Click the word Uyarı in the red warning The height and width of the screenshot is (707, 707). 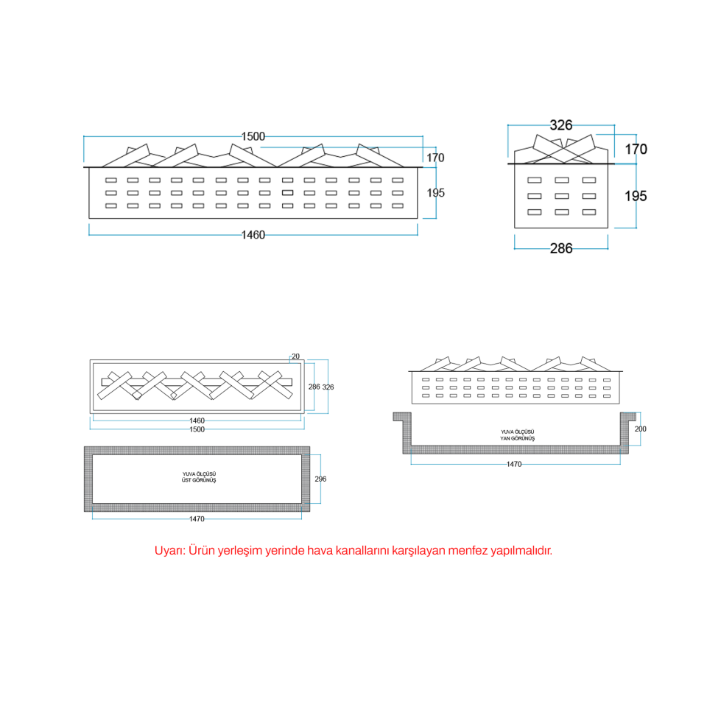point(169,551)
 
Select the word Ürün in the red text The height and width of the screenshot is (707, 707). point(201,551)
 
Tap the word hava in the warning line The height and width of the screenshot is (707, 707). point(320,551)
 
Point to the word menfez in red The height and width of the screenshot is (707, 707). point(468,551)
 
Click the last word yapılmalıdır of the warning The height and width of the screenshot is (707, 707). point(521,551)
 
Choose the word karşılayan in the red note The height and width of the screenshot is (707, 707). point(418,551)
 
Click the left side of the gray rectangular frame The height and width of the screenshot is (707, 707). point(88,479)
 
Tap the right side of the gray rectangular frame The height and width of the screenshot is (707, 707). point(306,479)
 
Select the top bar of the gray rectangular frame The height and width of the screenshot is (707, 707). point(197,451)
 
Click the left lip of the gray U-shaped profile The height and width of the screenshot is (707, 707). point(402,417)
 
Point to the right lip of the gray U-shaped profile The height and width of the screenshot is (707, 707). point(628,417)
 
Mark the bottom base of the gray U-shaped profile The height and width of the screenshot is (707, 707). point(516,449)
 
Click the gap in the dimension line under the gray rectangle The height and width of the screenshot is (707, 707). point(197,519)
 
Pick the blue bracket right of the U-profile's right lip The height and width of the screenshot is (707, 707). point(639,429)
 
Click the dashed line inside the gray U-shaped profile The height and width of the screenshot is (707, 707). point(516,444)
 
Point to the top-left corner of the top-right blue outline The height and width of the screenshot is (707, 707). point(509,126)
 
